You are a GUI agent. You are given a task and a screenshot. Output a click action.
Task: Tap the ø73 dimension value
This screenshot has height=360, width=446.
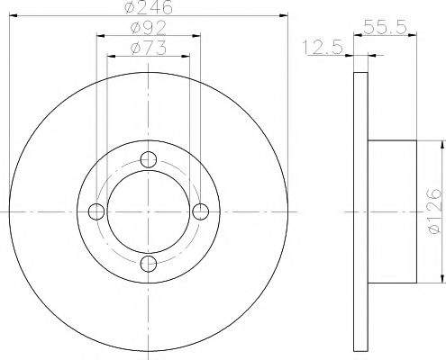(x=150, y=47)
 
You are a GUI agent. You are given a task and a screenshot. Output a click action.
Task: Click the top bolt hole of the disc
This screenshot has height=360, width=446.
(x=150, y=161)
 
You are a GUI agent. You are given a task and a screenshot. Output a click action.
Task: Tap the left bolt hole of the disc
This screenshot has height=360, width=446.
(x=98, y=211)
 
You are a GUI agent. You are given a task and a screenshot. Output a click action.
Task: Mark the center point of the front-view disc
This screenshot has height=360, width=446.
(x=150, y=211)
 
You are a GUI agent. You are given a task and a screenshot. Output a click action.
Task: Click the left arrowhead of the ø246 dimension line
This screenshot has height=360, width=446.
(x=12, y=15)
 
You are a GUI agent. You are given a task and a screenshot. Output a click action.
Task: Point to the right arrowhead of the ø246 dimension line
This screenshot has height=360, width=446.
(x=287, y=15)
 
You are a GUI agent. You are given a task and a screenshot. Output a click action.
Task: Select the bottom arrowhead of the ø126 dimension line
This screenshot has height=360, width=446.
(x=441, y=279)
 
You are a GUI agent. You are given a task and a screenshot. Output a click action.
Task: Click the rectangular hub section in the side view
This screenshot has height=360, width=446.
(x=393, y=211)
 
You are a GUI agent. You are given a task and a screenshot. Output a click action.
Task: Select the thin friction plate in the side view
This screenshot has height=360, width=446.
(x=361, y=211)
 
